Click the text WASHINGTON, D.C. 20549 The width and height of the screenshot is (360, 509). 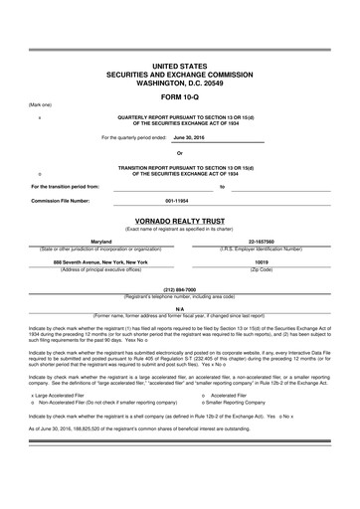click(180, 83)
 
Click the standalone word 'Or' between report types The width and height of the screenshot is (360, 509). click(179, 153)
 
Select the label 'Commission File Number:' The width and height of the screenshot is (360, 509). click(60, 202)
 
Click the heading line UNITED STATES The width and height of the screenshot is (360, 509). click(180, 66)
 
